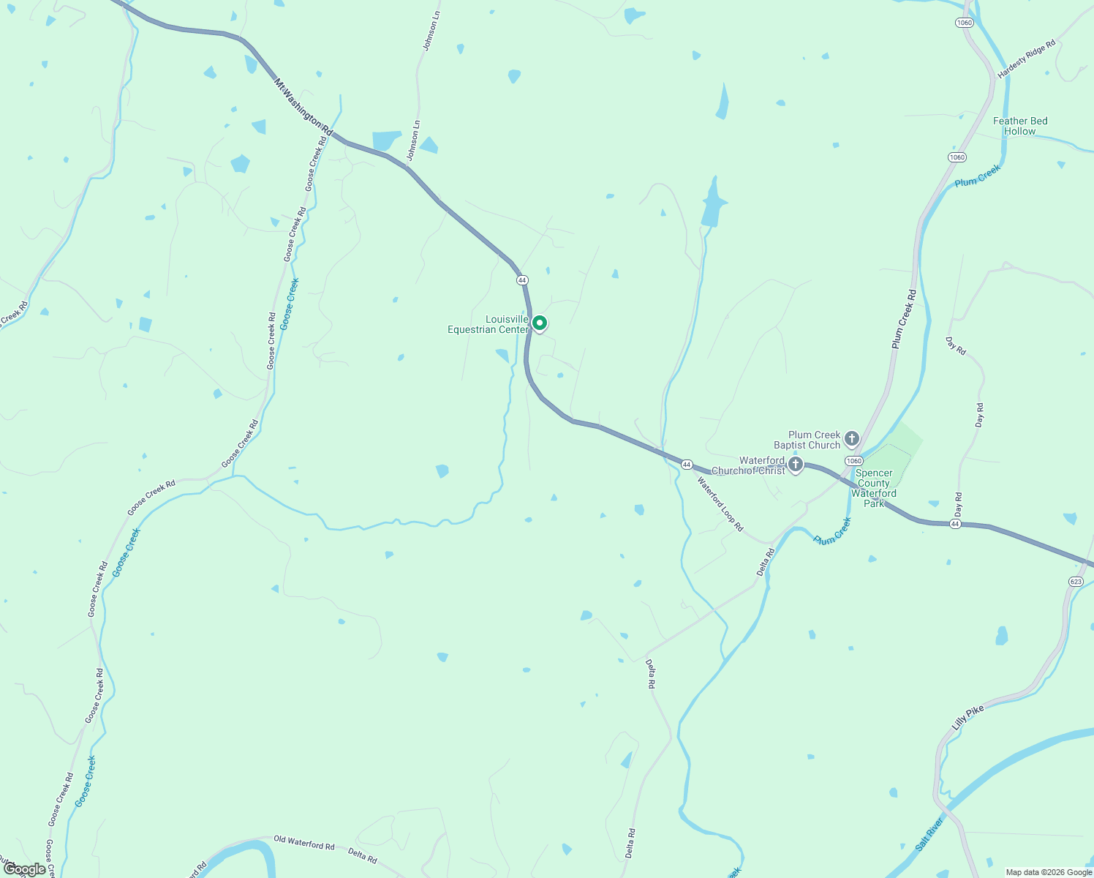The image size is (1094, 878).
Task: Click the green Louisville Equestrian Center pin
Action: point(540,323)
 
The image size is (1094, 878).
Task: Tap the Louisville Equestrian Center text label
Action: point(489,324)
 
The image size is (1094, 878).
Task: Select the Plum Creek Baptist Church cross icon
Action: point(851,439)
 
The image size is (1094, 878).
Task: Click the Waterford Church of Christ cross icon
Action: point(796,464)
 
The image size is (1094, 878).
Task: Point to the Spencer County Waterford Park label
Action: point(874,488)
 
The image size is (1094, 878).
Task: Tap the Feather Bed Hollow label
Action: point(1020,126)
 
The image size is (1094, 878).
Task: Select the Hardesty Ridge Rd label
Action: point(1027,59)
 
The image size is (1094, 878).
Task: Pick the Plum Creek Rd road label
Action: point(904,318)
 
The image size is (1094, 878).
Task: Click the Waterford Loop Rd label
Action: point(720,504)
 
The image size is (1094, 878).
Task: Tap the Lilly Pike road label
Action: point(968,718)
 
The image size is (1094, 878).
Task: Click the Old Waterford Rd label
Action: point(303,842)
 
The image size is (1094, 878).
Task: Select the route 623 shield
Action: point(1075,581)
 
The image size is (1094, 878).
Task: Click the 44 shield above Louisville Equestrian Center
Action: point(521,280)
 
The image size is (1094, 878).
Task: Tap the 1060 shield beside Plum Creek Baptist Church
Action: point(853,460)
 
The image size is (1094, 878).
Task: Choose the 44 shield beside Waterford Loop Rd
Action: point(687,465)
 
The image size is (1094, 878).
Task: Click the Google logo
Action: point(24,869)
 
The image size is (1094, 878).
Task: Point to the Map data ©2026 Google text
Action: point(1049,872)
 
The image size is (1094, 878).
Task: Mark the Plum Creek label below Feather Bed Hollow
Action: point(977,176)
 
